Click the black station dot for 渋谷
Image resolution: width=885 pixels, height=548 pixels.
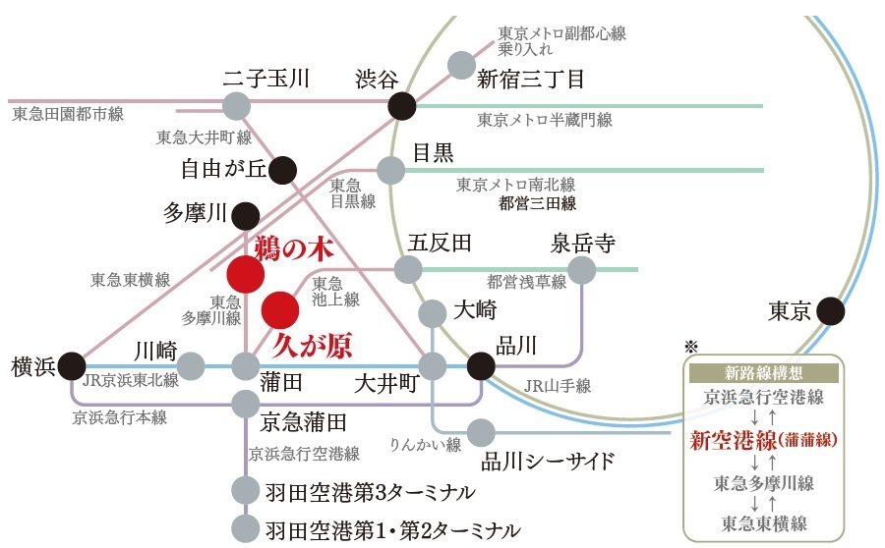(x=402, y=105)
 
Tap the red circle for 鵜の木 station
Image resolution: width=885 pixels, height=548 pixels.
(x=246, y=274)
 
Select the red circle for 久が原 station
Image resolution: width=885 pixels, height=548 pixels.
(x=280, y=309)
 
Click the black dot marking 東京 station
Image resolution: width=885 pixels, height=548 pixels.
(x=830, y=311)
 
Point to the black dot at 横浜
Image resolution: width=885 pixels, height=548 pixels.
(x=72, y=366)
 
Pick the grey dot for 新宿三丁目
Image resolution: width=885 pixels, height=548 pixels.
(x=462, y=66)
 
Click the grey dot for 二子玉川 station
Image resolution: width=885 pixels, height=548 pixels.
(x=236, y=106)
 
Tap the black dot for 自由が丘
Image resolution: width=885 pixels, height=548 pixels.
(x=282, y=170)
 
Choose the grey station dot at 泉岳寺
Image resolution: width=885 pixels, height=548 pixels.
(x=582, y=270)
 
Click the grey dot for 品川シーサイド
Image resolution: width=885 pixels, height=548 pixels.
(x=481, y=433)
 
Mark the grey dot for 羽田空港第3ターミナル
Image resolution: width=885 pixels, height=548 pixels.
(x=246, y=490)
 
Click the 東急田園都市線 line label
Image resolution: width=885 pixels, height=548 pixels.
(x=68, y=114)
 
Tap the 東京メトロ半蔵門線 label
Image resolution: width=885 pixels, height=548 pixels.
(x=545, y=120)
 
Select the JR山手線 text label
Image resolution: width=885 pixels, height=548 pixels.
(x=558, y=386)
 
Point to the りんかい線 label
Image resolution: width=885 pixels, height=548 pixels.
(x=426, y=445)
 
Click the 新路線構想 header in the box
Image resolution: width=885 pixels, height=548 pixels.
(x=763, y=372)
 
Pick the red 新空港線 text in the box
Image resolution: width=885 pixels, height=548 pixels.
(x=734, y=440)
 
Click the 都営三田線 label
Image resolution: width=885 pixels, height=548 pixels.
(x=537, y=203)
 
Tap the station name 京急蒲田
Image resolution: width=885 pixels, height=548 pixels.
(x=303, y=421)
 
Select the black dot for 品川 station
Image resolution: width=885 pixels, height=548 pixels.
(x=481, y=366)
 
